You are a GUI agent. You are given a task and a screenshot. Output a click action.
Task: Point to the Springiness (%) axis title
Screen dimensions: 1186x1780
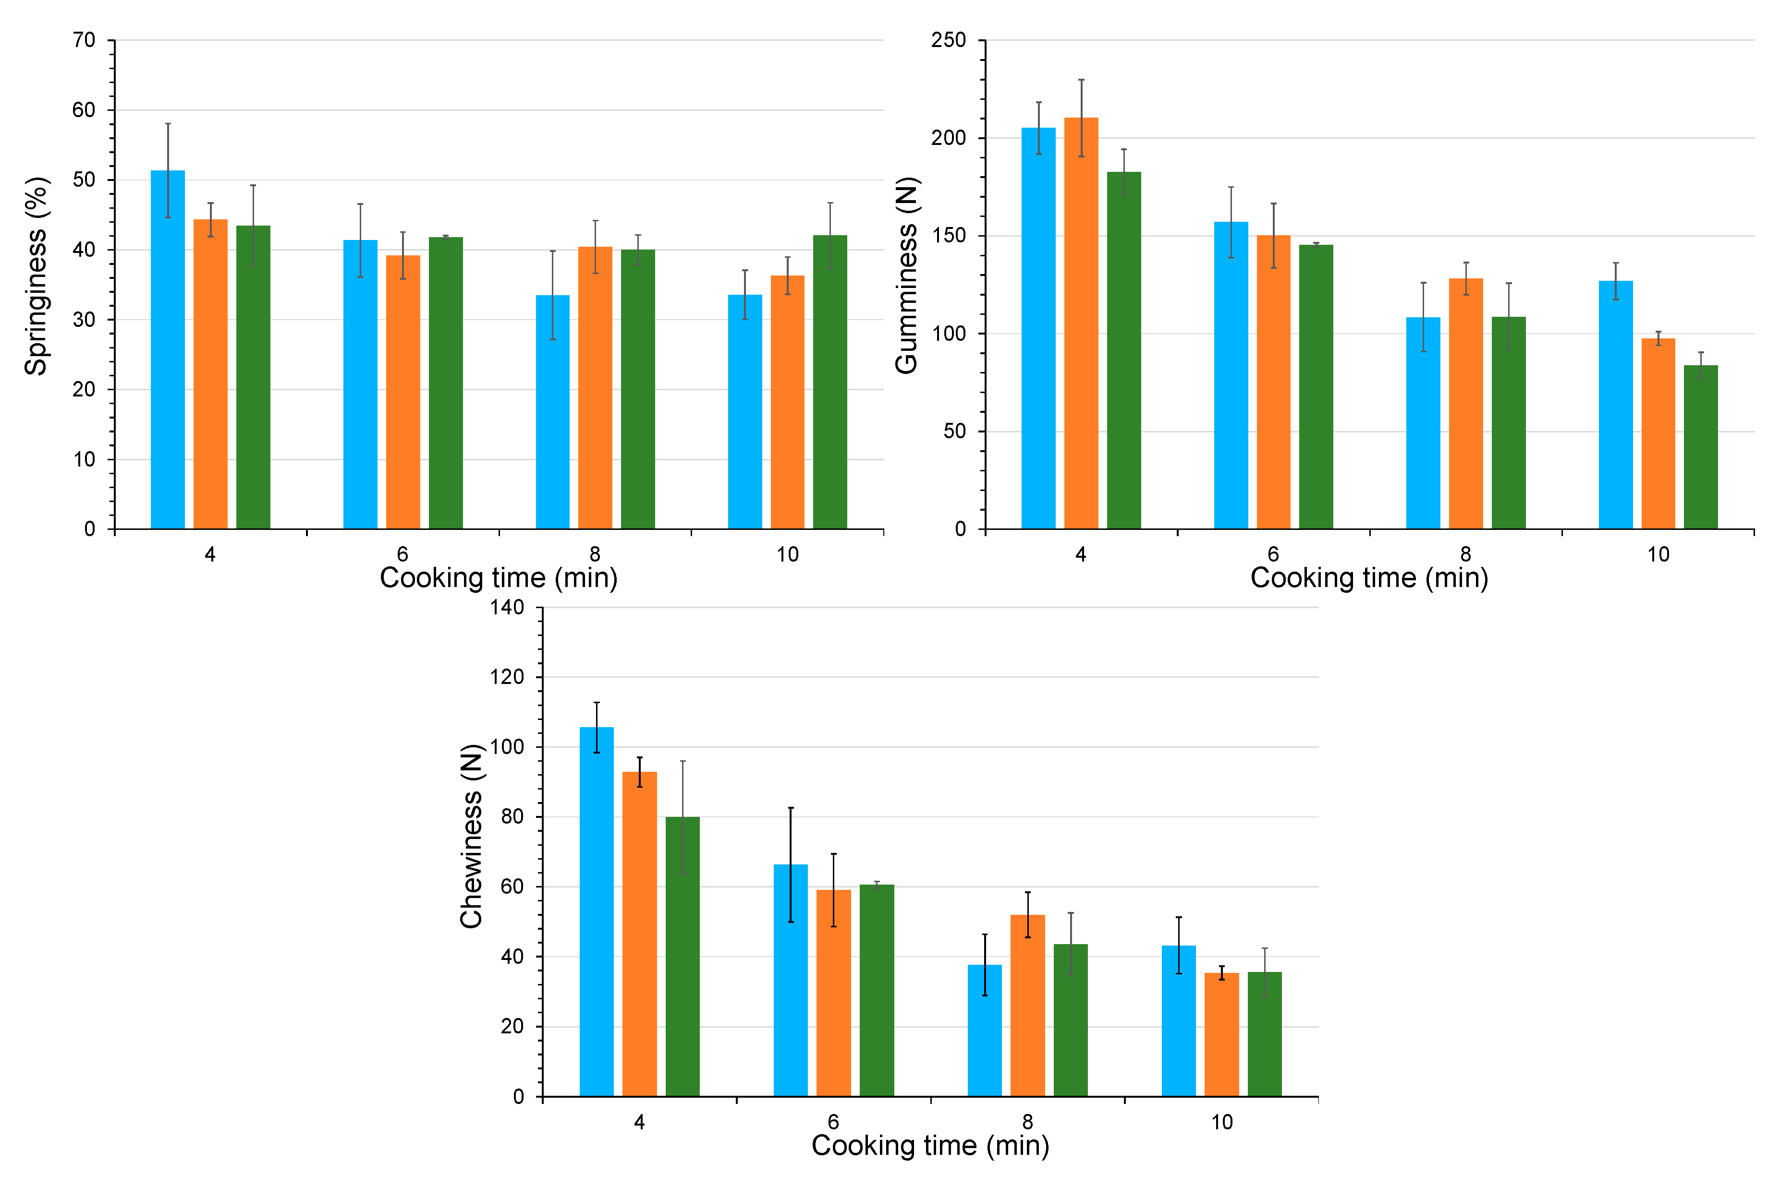36,276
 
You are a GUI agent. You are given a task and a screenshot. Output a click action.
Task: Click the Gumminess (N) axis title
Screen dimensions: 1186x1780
906,276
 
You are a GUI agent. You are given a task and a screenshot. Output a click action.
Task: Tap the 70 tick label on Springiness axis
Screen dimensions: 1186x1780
84,40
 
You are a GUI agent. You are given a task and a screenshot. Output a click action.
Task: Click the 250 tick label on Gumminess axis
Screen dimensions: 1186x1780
948,40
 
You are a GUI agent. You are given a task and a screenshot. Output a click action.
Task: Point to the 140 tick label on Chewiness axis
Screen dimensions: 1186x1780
507,607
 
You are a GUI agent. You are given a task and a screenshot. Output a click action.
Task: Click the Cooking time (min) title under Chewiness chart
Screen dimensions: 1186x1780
930,1145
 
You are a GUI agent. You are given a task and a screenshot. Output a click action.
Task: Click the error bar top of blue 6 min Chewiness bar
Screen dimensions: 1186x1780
791,808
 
